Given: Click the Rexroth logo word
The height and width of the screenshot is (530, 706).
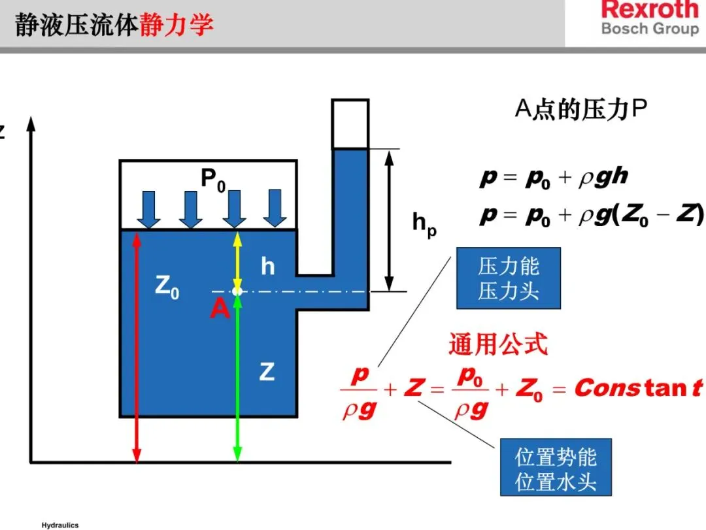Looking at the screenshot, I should (x=650, y=10).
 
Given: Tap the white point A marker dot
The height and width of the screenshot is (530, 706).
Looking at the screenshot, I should (x=237, y=291).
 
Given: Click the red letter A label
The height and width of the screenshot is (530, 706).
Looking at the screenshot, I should (x=220, y=310).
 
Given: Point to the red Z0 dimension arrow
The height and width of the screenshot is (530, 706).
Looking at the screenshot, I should (x=137, y=346).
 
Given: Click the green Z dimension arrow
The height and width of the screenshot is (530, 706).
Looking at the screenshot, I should (x=237, y=379).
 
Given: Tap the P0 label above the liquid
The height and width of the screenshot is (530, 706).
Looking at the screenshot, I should (x=213, y=178).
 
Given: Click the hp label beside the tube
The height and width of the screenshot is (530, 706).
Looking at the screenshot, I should (x=424, y=225).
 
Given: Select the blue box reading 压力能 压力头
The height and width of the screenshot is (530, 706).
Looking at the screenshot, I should (x=508, y=278).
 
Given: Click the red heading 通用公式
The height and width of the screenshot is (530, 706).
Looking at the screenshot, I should (x=497, y=344).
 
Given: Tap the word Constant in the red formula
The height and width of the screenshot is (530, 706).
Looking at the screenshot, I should (x=637, y=388).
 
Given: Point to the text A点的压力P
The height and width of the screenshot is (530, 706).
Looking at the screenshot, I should (x=580, y=110).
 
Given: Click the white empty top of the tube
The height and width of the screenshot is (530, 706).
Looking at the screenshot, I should (x=350, y=124).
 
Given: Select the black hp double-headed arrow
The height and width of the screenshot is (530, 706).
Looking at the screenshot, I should (x=390, y=220).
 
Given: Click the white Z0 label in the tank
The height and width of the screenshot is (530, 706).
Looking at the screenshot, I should (x=167, y=288).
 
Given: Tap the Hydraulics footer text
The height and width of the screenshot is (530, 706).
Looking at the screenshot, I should (x=59, y=525).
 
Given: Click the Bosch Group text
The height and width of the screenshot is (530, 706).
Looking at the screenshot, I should (x=649, y=29).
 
